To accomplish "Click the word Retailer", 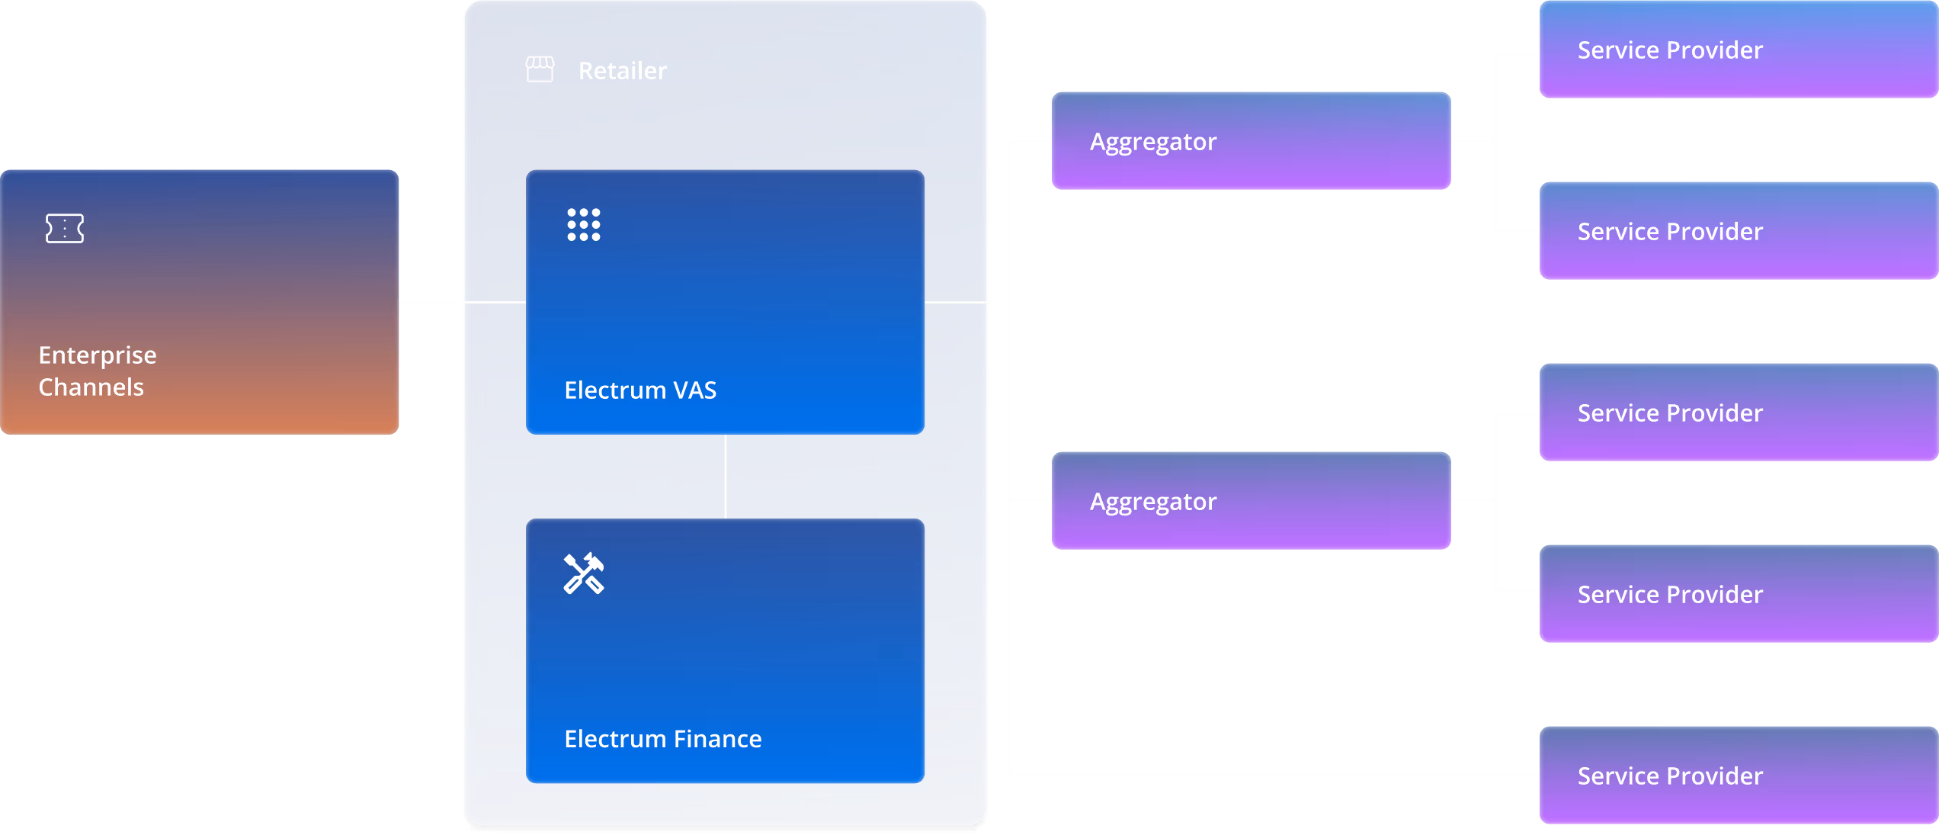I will pyautogui.click(x=622, y=71).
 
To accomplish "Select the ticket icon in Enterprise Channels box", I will pyautogui.click(x=65, y=228).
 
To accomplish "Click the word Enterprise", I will pyautogui.click(x=98, y=355).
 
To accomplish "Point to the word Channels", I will pyautogui.click(x=91, y=387).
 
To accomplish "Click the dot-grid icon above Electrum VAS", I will pyautogui.click(x=584, y=225).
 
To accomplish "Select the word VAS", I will pyautogui.click(x=694, y=390).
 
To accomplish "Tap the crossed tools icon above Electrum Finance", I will pyautogui.click(x=584, y=573).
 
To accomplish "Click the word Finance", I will pyautogui.click(x=717, y=739).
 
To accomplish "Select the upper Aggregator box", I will pyautogui.click(x=1251, y=141).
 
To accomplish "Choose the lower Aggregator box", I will pyautogui.click(x=1251, y=501).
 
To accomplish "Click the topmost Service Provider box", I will pyautogui.click(x=1738, y=50).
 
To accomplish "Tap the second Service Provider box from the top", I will pyautogui.click(x=1738, y=231).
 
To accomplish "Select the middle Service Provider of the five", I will pyautogui.click(x=1738, y=413).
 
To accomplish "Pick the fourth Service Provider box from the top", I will pyautogui.click(x=1738, y=594).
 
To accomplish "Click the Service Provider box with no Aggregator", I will pyautogui.click(x=1738, y=776).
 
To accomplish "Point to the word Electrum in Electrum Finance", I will pyautogui.click(x=615, y=739).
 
